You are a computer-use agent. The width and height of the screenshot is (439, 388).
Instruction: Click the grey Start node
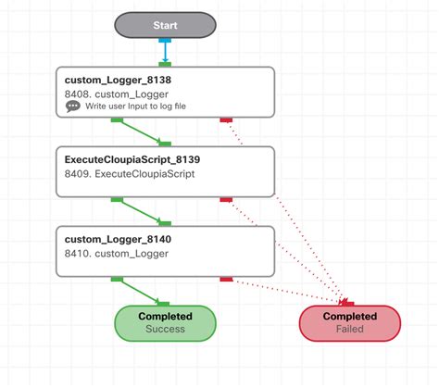165,26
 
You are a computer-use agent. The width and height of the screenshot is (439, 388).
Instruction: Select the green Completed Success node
164,322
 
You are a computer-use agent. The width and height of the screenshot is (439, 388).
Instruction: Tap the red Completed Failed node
349,322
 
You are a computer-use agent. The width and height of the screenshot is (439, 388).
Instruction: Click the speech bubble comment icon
73,106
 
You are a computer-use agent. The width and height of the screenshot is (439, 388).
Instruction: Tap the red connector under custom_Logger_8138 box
225,119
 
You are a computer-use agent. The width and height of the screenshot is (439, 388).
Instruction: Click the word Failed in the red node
349,329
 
